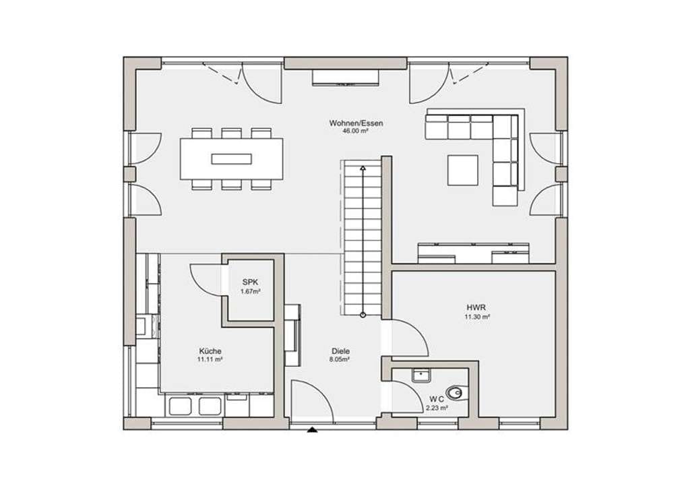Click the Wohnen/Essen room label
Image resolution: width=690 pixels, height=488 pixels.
(356, 123)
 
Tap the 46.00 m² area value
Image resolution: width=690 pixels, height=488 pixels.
(355, 131)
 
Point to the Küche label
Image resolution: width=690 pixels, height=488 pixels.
(210, 351)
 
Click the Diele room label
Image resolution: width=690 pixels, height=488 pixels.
(340, 351)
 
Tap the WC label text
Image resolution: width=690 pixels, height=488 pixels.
(437, 399)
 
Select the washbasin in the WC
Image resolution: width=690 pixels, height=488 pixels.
(422, 375)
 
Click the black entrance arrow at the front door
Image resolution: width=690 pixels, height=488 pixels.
(313, 430)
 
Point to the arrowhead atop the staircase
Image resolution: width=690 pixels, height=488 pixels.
(363, 168)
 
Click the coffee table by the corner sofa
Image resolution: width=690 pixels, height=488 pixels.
(463, 170)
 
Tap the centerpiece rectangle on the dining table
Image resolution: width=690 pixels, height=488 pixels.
(232, 158)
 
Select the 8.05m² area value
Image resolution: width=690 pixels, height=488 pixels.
(340, 359)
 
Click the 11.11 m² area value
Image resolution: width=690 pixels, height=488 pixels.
(210, 359)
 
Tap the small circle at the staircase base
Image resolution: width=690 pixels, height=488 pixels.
(363, 315)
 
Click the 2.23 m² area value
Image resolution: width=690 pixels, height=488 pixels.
(437, 408)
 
